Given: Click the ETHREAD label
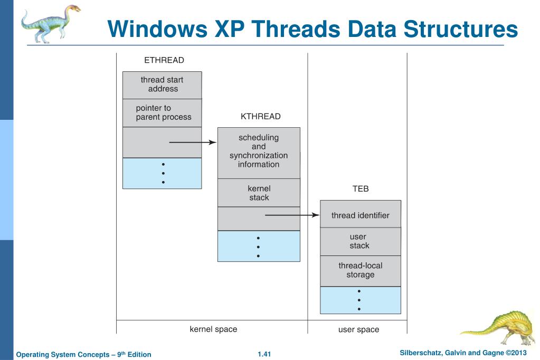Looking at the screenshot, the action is [164, 60].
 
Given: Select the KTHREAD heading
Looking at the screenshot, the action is [260, 117].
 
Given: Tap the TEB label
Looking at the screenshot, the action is [361, 189].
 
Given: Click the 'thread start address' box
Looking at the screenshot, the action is [162, 85].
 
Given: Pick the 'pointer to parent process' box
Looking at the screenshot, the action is [162, 113].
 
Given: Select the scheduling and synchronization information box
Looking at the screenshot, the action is [259, 153].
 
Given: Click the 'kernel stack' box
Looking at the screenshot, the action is [259, 193].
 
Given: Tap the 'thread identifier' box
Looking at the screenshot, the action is [361, 214].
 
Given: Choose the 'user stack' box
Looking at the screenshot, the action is [361, 241].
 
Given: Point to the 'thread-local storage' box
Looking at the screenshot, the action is [361, 271].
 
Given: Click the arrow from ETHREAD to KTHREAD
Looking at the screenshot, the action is [193, 143].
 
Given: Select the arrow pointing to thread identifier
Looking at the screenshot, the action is [292, 215].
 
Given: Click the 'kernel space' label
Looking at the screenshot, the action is [214, 329].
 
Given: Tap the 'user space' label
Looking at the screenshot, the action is [358, 330].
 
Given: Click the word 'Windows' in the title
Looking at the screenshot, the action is [157, 29].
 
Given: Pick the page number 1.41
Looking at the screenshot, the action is [264, 354].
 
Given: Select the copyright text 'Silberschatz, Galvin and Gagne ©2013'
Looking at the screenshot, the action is [463, 353].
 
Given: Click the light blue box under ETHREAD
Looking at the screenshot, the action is [162, 173].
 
